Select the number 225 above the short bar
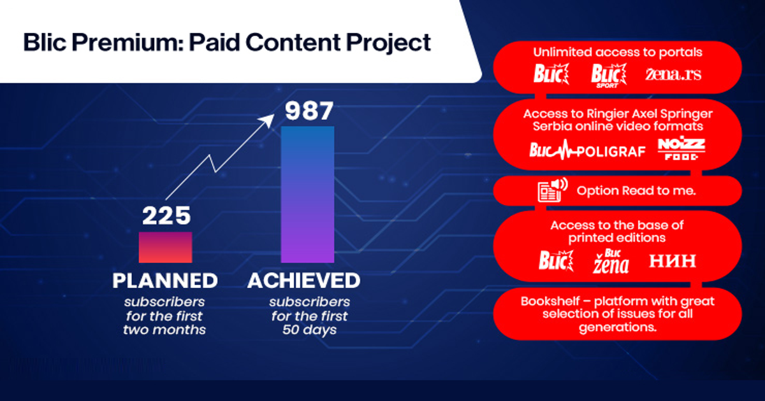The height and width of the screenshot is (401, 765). pyautogui.click(x=166, y=216)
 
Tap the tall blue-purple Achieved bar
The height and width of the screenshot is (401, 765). pyautogui.click(x=308, y=193)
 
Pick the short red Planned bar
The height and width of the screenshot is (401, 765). pyautogui.click(x=166, y=247)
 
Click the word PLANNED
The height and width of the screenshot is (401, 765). pyautogui.click(x=165, y=280)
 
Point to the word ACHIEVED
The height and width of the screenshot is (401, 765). pyautogui.click(x=303, y=280)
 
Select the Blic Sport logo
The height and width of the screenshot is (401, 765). pyautogui.click(x=605, y=75)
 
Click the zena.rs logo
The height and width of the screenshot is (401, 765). pyautogui.click(x=673, y=74)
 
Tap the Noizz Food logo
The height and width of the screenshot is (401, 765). pyautogui.click(x=681, y=150)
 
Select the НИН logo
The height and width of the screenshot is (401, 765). pyautogui.click(x=673, y=260)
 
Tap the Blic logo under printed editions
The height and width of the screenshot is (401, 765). pyautogui.click(x=552, y=260)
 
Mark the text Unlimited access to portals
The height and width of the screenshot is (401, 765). pyautogui.click(x=617, y=53)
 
